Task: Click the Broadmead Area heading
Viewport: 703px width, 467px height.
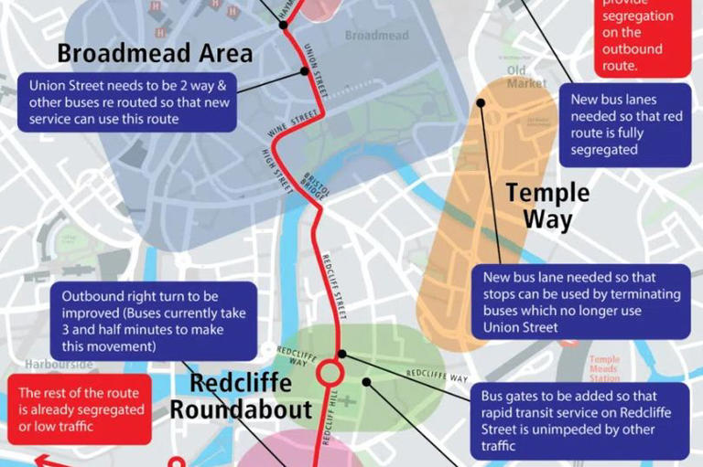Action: pos(155,51)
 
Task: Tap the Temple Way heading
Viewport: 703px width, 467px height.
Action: pos(547,207)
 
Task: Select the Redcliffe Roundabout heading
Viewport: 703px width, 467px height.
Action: pos(241,396)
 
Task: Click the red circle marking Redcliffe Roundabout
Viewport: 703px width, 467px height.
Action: pos(330,374)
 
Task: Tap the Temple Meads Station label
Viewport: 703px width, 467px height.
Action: pos(604,368)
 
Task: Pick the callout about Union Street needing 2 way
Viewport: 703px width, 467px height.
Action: pos(128,101)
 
